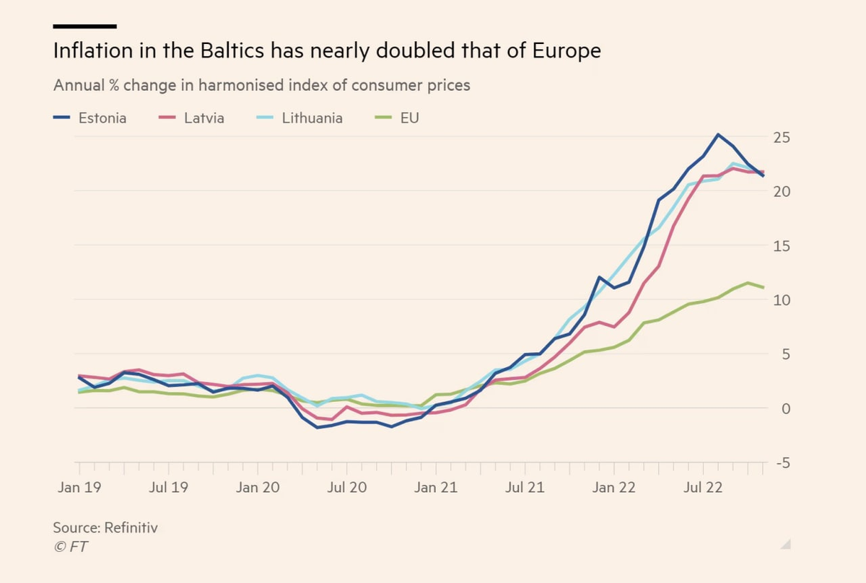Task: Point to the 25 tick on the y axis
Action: click(782, 137)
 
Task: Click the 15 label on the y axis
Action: click(782, 245)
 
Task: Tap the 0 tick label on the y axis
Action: click(785, 408)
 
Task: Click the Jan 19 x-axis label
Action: click(79, 488)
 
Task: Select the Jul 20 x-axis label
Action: click(346, 488)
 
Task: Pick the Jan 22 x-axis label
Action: click(613, 488)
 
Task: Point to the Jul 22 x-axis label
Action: click(702, 488)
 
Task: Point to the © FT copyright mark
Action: click(71, 547)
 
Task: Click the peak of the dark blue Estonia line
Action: click(717, 134)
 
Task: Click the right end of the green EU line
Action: click(764, 287)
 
